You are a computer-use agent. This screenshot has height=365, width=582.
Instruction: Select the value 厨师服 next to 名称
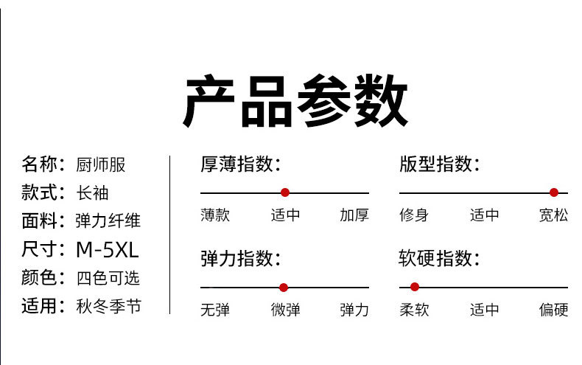(x=101, y=164)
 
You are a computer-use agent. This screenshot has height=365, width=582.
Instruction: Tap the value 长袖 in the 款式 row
(x=93, y=192)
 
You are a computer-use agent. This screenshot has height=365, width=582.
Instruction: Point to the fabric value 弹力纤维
(x=108, y=220)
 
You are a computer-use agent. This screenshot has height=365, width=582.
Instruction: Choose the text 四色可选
(x=108, y=278)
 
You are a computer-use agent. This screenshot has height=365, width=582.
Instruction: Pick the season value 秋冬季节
(x=108, y=306)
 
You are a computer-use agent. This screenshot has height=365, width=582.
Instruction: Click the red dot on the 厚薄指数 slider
(x=285, y=192)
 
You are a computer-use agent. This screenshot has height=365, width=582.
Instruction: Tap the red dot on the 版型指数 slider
(x=554, y=192)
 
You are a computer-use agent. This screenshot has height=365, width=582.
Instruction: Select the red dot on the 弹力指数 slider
(x=284, y=288)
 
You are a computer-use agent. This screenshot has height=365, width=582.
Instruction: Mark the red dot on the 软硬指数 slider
(x=415, y=287)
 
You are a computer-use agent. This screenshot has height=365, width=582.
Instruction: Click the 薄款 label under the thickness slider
(x=215, y=215)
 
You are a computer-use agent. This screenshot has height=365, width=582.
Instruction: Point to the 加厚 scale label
(x=354, y=215)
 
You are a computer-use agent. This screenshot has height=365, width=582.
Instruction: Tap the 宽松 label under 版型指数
(x=553, y=215)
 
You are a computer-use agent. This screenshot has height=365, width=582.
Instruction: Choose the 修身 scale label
(x=414, y=215)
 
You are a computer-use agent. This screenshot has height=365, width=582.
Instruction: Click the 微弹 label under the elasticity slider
(x=285, y=310)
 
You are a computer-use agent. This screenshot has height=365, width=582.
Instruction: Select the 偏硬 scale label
(x=553, y=310)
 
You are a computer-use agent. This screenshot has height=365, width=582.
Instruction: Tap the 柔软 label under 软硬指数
(x=414, y=310)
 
